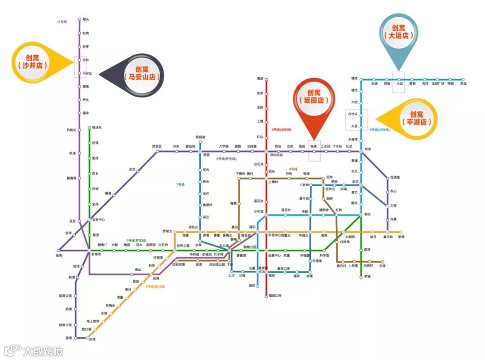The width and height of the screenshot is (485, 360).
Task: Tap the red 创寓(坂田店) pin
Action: pyautogui.click(x=314, y=100)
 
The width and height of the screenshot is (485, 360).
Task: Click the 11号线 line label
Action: pyautogui.click(x=62, y=22)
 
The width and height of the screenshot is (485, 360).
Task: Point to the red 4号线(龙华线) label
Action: pyautogui.click(x=282, y=130)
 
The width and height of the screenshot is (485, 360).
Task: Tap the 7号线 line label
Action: pyautogui.click(x=181, y=184)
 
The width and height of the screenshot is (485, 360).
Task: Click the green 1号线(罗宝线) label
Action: pyautogui.click(x=135, y=241)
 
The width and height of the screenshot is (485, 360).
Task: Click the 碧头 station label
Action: pyautogui.click(x=86, y=19)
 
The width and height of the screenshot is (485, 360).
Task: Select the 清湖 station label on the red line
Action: pyautogui.click(x=260, y=79)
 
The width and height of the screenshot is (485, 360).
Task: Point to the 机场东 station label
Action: pyautogui.click(x=97, y=127)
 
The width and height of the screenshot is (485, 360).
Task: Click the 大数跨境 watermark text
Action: pyautogui.click(x=43, y=351)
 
